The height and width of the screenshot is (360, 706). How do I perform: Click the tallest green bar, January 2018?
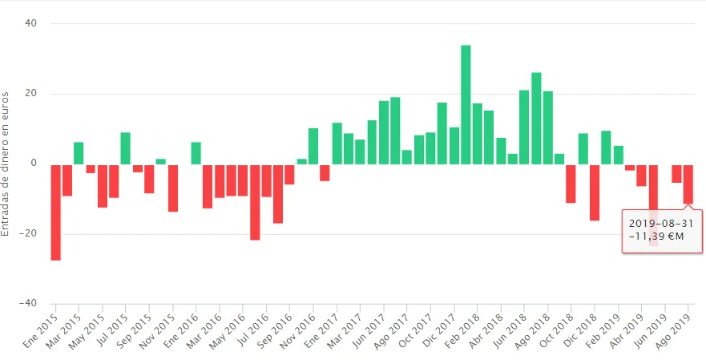(466, 104)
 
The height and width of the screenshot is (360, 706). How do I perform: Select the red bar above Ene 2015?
(55, 212)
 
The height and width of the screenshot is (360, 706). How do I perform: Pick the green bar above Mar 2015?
(79, 153)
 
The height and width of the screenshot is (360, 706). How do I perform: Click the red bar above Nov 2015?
(172, 188)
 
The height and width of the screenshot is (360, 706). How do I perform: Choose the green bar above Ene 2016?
(196, 153)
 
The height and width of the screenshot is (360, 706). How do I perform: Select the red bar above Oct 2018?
(571, 183)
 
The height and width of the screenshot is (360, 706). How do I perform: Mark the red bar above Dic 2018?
(594, 192)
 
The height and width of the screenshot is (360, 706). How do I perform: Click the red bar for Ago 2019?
(688, 184)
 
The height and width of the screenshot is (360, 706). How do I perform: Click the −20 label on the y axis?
(32, 234)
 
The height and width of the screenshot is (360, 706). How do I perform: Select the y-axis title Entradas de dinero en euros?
(7, 164)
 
